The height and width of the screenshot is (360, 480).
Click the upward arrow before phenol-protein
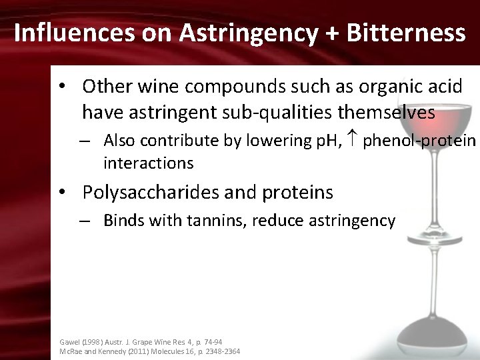click(353, 140)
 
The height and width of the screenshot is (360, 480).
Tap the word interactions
click(148, 163)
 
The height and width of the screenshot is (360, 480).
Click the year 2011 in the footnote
click(137, 351)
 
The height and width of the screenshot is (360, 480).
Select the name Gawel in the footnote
click(70, 341)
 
